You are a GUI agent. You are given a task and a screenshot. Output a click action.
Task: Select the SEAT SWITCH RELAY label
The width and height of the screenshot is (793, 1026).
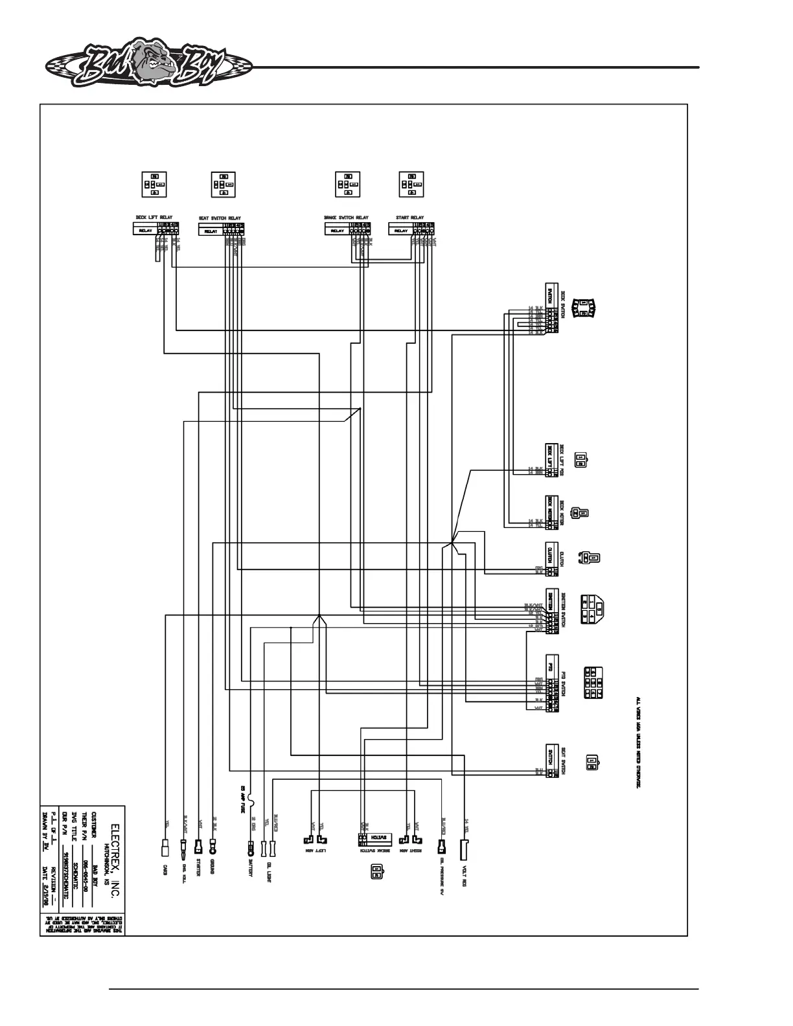pyautogui.click(x=220, y=218)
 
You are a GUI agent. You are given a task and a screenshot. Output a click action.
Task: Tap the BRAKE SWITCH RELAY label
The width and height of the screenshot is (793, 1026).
pyautogui.click(x=346, y=218)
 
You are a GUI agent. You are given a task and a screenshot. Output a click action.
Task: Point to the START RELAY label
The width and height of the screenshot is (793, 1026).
pyautogui.click(x=409, y=218)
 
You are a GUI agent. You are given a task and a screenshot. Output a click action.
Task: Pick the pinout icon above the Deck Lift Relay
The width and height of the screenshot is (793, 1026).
pyautogui.click(x=154, y=185)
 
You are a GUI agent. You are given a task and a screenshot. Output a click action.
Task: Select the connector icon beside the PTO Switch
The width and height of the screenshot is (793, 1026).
pyautogui.click(x=594, y=683)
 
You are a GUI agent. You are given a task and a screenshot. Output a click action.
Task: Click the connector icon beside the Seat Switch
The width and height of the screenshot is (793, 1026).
pyautogui.click(x=592, y=763)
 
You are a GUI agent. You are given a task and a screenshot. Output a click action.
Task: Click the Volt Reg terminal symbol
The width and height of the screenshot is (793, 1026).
pyautogui.click(x=465, y=847)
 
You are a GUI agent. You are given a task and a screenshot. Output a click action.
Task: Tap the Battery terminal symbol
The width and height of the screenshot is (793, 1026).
pyautogui.click(x=251, y=847)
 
